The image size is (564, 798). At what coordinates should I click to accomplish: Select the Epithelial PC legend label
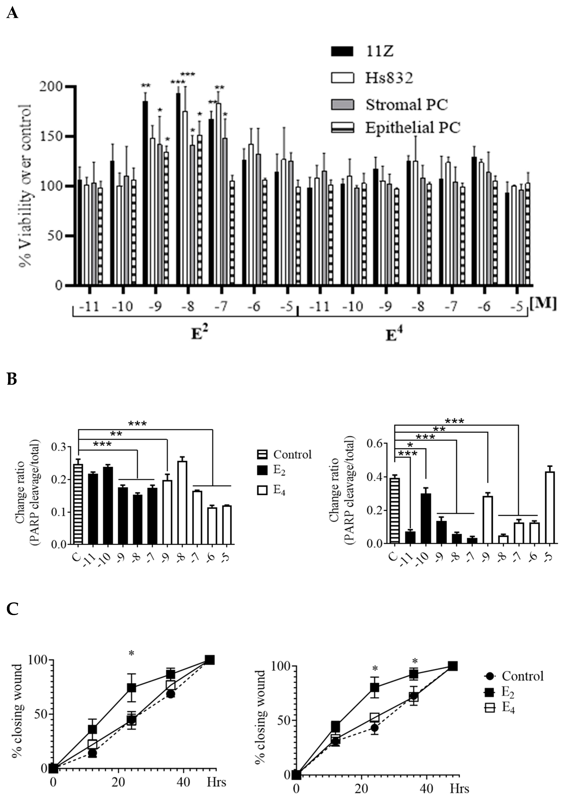click(413, 127)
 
